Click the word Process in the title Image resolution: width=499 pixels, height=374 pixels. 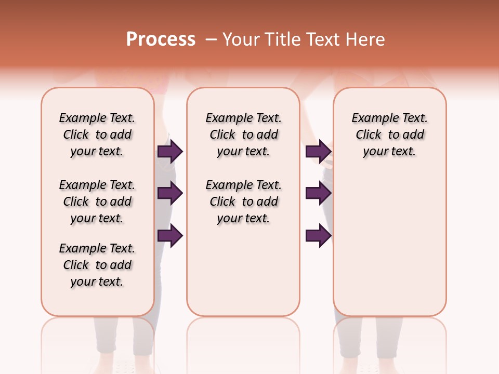pyautogui.click(x=161, y=39)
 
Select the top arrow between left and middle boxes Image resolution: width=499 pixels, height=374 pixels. pyautogui.click(x=170, y=152)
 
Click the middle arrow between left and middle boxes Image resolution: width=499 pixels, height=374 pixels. pyautogui.click(x=170, y=194)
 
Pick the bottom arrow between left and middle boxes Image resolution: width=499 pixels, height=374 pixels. pyautogui.click(x=170, y=236)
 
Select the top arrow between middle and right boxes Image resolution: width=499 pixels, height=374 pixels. pyautogui.click(x=318, y=152)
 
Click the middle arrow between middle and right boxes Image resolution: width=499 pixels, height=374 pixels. pyautogui.click(x=318, y=194)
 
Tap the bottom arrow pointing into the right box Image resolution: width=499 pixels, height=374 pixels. pyautogui.click(x=318, y=236)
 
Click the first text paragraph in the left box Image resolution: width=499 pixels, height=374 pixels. pyautogui.click(x=97, y=135)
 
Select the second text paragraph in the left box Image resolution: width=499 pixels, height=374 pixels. pyautogui.click(x=97, y=202)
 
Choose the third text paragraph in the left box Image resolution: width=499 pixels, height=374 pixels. pyautogui.click(x=97, y=265)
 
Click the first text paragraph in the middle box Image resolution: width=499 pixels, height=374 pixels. pyautogui.click(x=243, y=135)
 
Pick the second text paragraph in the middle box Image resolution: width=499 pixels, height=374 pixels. pyautogui.click(x=243, y=202)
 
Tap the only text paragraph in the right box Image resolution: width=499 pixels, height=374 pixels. pyautogui.click(x=389, y=135)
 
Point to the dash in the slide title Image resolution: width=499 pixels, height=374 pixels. pyautogui.click(x=211, y=40)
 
